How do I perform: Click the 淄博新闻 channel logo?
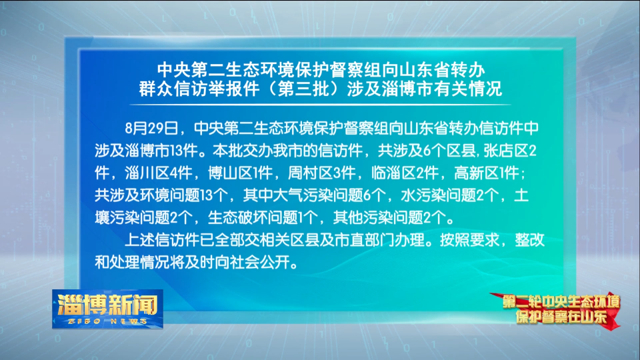pyautogui.click(x=107, y=309)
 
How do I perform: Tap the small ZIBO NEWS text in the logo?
pyautogui.click(x=107, y=321)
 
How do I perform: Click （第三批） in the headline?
pyautogui.click(x=303, y=89)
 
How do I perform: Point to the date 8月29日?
pyautogui.click(x=151, y=128)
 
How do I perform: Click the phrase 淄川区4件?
pyautogui.click(x=159, y=173)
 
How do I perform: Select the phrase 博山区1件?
pyautogui.click(x=240, y=173)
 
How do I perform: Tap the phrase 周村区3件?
pyautogui.click(x=321, y=173)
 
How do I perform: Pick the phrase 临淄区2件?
pyautogui.click(x=405, y=173)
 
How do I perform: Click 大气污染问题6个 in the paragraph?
pyautogui.click(x=314, y=195)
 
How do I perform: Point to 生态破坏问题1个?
pyautogui.click(x=263, y=217)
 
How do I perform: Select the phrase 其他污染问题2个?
pyautogui.click(x=388, y=217)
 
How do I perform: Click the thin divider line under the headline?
pyautogui.click(x=321, y=105)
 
